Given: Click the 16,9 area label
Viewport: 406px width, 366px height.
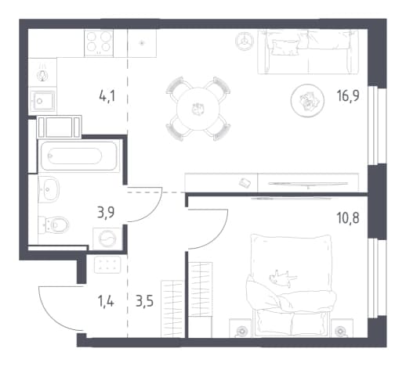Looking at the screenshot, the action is [348, 96].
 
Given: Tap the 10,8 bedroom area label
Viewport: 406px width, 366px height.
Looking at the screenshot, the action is [348, 218].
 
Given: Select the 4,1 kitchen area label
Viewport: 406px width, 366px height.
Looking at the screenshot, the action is [107, 96].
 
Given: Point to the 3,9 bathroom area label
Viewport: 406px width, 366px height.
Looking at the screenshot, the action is [106, 213].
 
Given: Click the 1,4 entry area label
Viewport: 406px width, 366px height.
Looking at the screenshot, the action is [106, 302].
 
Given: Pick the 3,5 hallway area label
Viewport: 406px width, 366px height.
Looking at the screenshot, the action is [144, 302].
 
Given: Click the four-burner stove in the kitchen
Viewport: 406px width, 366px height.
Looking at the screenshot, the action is [99, 43].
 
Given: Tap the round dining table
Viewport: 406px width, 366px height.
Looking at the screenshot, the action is [198, 109].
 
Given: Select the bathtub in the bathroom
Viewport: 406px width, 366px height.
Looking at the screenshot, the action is [78, 156].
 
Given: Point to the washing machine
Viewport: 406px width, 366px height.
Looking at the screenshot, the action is [107, 239].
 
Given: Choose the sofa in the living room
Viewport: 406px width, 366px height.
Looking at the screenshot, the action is [308, 52].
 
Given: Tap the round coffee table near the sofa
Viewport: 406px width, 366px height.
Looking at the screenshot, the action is [308, 100].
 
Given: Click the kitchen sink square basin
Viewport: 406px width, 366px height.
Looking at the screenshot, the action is [42, 100].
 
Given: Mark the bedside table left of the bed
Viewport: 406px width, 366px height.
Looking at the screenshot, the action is [241, 328].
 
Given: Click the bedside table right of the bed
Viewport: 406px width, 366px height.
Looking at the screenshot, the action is [343, 328].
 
